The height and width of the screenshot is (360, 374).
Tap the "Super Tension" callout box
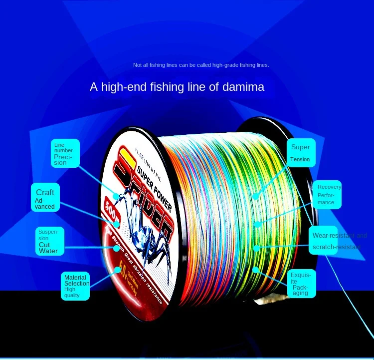click(x=301, y=153)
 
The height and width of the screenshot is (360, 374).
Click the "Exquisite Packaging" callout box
click(x=301, y=283)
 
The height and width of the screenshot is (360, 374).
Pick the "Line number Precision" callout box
click(x=64, y=153)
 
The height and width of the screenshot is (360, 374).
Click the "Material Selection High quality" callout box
click(x=75, y=286)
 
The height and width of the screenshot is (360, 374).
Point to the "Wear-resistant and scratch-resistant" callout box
click(x=340, y=241)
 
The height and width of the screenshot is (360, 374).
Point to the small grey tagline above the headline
click(x=201, y=65)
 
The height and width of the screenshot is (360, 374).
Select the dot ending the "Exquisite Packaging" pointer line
click(x=256, y=269)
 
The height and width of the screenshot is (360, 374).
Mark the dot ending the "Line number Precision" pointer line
click(x=116, y=196)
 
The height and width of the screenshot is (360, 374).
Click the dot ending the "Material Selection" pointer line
click(x=118, y=269)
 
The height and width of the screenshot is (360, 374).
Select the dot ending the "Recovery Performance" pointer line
click(x=257, y=224)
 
